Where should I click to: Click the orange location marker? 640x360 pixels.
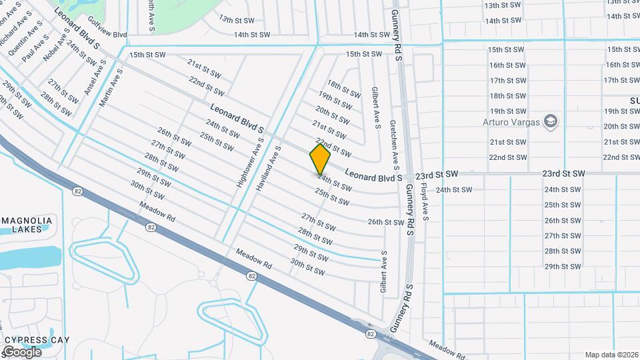[320, 159]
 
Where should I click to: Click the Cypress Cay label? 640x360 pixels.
[37, 340]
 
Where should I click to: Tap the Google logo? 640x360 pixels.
[21, 351]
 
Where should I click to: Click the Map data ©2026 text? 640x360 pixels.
[611, 355]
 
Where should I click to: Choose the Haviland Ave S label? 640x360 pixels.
[269, 165]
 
